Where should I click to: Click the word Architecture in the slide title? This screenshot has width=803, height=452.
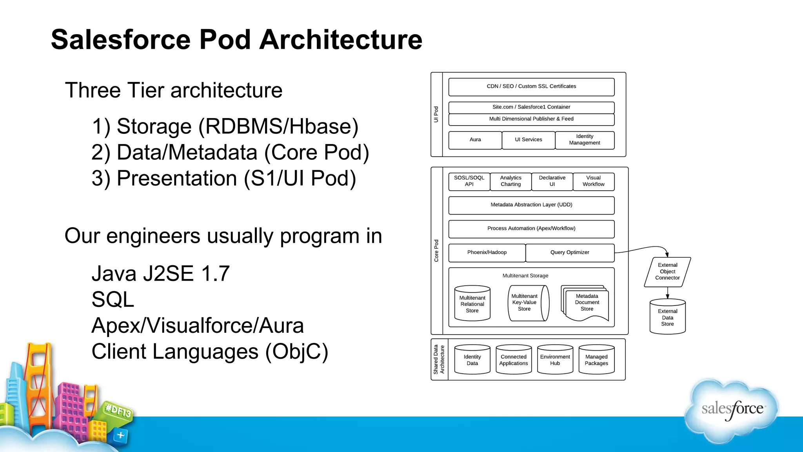pyautogui.click(x=341, y=40)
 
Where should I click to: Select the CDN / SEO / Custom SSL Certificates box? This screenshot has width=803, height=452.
pyautogui.click(x=531, y=87)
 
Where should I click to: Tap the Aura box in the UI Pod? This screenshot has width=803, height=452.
pyautogui.click(x=475, y=140)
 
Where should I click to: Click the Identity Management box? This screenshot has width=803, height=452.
pyautogui.click(x=585, y=140)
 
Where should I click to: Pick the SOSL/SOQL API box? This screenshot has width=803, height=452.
pyautogui.click(x=469, y=181)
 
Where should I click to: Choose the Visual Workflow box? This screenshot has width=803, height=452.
pyautogui.click(x=593, y=181)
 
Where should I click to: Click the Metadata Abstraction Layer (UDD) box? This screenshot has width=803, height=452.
pyautogui.click(x=531, y=205)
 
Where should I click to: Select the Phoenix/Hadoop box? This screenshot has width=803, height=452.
pyautogui.click(x=487, y=252)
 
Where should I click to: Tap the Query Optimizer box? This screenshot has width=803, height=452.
pyautogui.click(x=570, y=252)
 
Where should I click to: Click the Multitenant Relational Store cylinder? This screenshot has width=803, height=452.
pyautogui.click(x=472, y=304)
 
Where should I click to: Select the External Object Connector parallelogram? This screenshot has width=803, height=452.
pyautogui.click(x=667, y=272)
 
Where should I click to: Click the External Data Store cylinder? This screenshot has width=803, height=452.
pyautogui.click(x=667, y=317)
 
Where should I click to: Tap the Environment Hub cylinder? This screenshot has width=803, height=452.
pyautogui.click(x=555, y=360)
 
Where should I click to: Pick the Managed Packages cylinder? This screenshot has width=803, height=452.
pyautogui.click(x=596, y=360)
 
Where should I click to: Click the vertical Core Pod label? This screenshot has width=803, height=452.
pyautogui.click(x=436, y=251)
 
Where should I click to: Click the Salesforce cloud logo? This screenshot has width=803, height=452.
pyautogui.click(x=732, y=409)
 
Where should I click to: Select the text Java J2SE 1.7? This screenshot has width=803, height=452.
pyautogui.click(x=160, y=273)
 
